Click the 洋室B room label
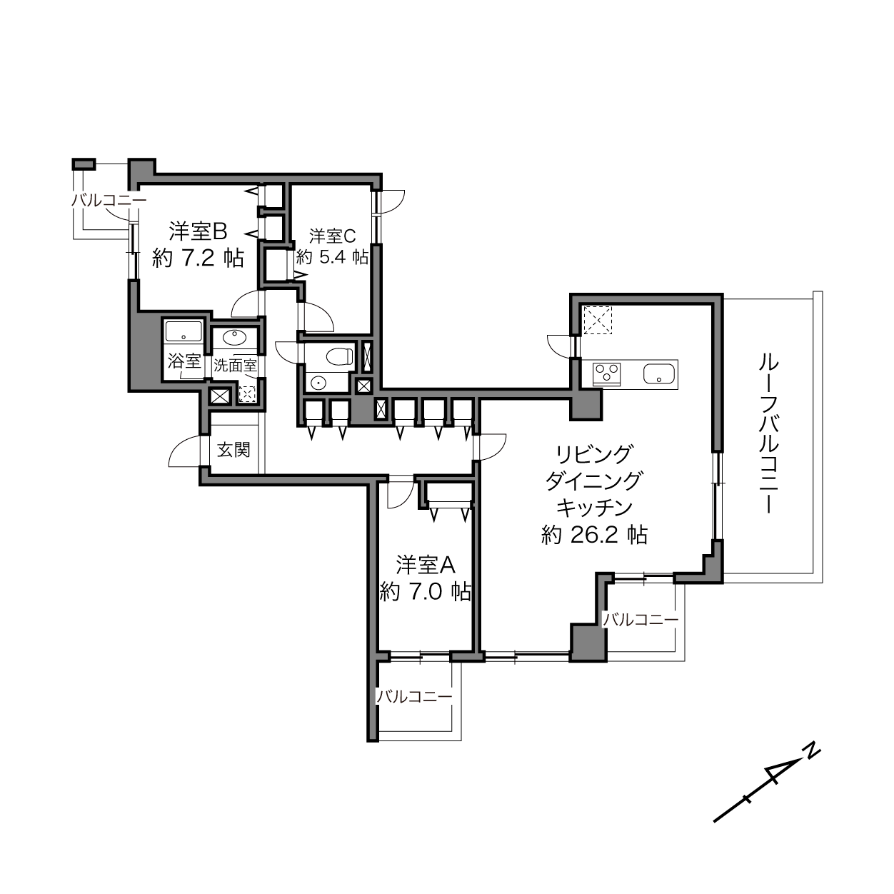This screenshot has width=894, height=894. click(198, 231)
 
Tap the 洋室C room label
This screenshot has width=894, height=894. click(332, 236)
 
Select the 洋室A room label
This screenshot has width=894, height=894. click(425, 565)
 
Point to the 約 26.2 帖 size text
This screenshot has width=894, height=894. click(594, 536)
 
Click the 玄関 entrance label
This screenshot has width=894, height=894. click(233, 449)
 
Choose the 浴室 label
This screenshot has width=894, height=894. click(184, 361)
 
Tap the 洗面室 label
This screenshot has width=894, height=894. click(235, 366)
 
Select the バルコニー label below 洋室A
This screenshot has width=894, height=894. click(414, 696)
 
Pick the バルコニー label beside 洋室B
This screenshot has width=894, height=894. click(109, 201)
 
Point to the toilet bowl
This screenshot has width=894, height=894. click(339, 357)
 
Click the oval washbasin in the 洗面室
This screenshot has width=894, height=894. click(234, 337)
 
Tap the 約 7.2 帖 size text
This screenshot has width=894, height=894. click(198, 258)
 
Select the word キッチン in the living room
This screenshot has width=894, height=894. click(594, 508)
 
